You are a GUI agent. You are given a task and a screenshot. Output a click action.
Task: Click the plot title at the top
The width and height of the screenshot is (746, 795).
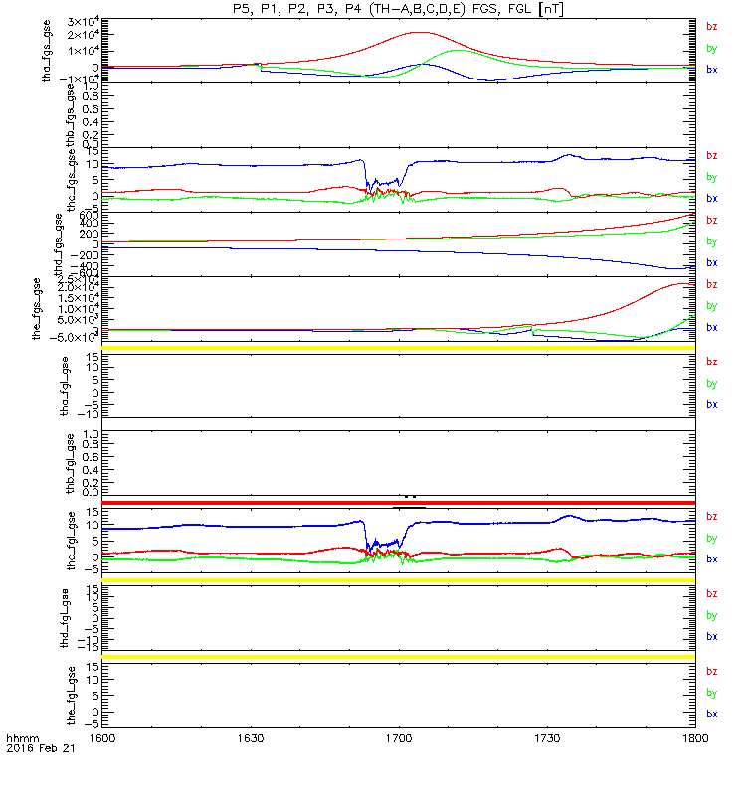[x=399, y=9]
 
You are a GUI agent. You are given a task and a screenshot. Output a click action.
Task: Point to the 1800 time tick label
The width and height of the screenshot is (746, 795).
[x=694, y=739]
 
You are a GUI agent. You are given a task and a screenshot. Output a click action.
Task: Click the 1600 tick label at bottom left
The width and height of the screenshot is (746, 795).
[x=103, y=739]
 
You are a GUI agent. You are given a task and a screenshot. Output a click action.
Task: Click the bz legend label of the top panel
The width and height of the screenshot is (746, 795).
[x=711, y=26]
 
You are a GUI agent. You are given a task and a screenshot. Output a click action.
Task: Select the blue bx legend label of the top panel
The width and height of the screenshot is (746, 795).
[x=711, y=70]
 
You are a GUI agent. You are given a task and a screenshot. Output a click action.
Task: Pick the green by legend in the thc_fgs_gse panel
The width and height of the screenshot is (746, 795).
[x=711, y=177]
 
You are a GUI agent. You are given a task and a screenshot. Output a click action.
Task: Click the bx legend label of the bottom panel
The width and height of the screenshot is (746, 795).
[x=711, y=715]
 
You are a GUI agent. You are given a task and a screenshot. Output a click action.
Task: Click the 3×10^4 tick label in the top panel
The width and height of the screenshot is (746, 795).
[x=82, y=23]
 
